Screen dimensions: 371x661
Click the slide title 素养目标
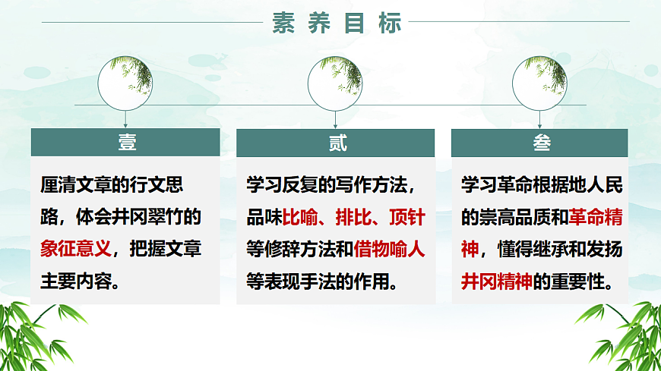[337, 24]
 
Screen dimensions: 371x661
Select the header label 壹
[125, 143]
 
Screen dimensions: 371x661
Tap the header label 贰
[335, 143]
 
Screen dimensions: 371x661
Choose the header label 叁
[539, 143]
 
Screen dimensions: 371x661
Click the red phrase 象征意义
[76, 250]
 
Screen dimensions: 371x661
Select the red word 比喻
[300, 219]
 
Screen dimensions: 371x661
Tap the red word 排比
[353, 219]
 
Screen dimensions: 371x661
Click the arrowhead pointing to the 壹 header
[126, 125]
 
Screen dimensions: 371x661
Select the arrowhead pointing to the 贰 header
[335, 125]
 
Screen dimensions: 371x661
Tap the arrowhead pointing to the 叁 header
[540, 125]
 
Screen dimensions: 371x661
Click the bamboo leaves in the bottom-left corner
[30, 338]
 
